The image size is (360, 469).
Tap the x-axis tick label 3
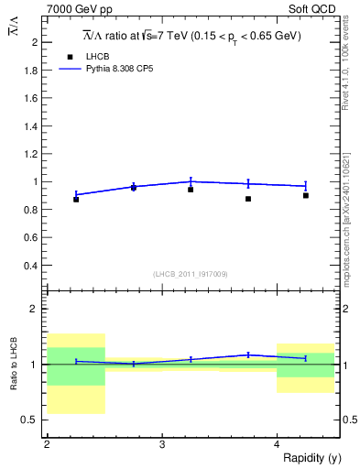click(x=162, y=444)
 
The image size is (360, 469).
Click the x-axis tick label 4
click(x=278, y=444)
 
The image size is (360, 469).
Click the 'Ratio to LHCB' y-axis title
click(x=14, y=362)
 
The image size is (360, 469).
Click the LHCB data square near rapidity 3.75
click(x=248, y=199)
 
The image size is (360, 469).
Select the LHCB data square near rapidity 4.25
click(x=306, y=195)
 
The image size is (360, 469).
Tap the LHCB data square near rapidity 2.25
click(x=76, y=199)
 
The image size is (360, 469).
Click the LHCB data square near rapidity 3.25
click(x=191, y=190)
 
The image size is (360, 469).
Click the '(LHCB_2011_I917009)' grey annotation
click(x=191, y=274)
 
